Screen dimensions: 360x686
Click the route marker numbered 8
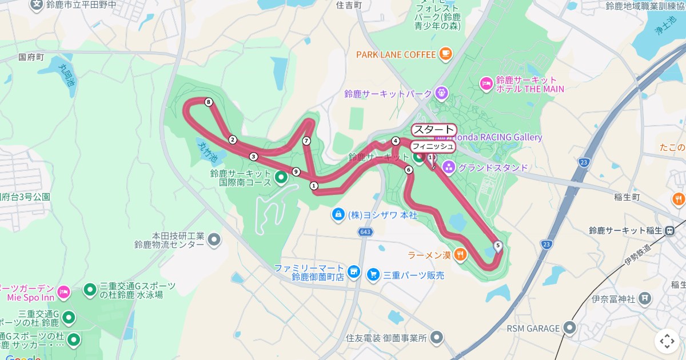[209, 102]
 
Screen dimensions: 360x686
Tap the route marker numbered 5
[498, 246]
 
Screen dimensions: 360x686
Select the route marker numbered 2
[233, 140]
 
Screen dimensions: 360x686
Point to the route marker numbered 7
[306, 141]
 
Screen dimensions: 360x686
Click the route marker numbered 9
[296, 171]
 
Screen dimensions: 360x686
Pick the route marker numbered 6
[409, 170]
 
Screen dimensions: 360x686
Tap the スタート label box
[433, 130]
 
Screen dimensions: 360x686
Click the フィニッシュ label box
[433, 146]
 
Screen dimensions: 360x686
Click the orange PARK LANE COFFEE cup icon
[445, 54]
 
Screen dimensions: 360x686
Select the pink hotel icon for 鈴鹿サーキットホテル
[486, 84]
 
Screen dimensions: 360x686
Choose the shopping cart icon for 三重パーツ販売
[373, 275]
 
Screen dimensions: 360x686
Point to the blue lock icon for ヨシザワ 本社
[338, 215]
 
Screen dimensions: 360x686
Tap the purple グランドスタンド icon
[449, 168]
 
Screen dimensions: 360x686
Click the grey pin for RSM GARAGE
[569, 328]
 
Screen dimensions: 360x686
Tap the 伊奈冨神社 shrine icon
[645, 298]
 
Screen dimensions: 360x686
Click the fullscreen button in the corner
[667, 341]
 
